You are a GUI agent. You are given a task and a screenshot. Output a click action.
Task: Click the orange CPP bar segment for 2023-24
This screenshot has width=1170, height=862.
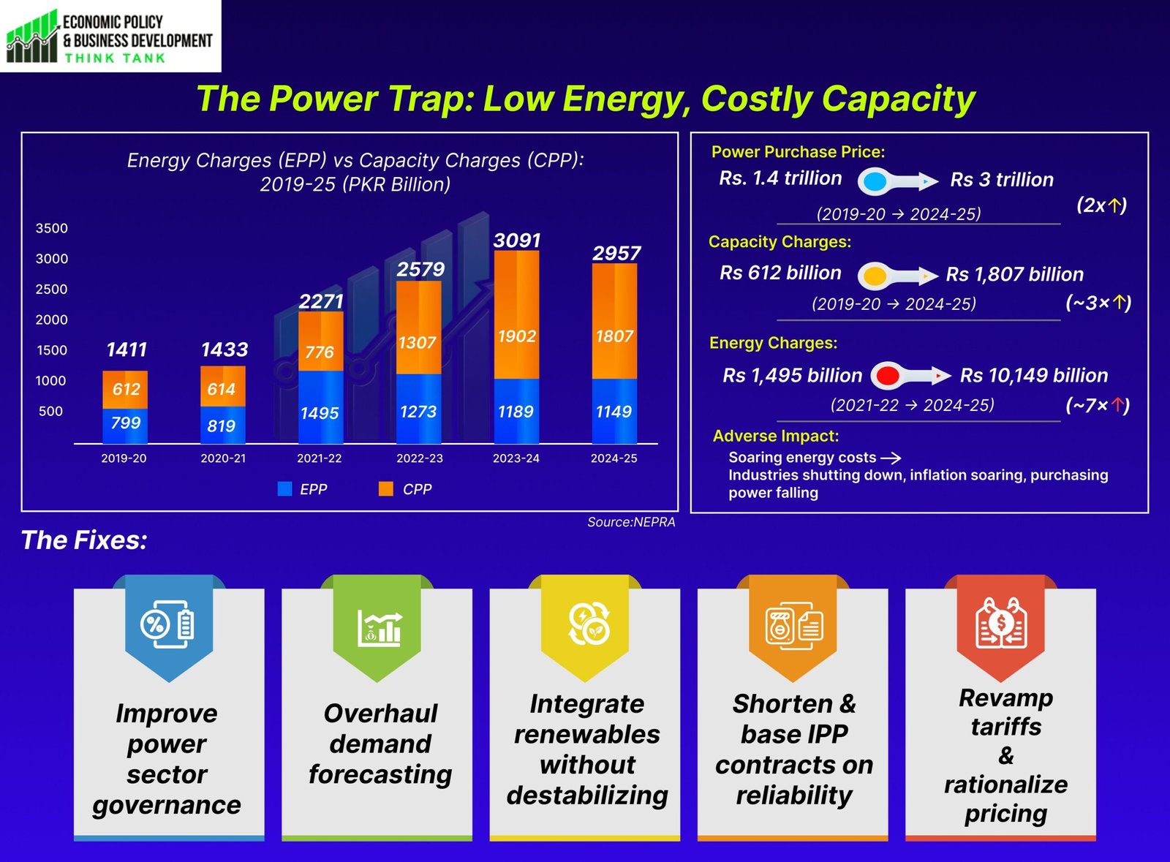coord(516,314)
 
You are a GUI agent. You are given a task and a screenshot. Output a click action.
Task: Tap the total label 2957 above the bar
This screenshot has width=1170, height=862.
coord(616,254)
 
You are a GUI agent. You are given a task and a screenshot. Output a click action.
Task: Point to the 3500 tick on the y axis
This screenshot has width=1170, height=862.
coord(51,228)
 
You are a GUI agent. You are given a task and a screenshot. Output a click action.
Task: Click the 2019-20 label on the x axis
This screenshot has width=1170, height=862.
coord(124,458)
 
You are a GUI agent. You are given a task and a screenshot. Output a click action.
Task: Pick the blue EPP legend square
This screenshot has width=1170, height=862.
coord(285,489)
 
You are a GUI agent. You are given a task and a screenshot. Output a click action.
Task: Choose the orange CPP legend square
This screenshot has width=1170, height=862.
coord(386,489)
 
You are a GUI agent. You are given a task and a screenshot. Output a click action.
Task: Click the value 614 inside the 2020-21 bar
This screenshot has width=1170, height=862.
coord(221,389)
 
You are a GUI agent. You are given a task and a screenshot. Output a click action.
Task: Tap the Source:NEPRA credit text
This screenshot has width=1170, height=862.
coord(631,522)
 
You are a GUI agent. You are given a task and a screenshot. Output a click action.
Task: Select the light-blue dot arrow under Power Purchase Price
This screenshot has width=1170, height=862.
coord(896,181)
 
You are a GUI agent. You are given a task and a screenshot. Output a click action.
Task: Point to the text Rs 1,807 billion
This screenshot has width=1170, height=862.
coord(1014,274)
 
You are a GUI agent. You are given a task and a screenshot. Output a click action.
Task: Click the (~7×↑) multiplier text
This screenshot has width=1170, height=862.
coord(1098,405)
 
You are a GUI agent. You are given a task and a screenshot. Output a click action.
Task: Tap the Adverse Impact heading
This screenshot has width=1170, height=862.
coord(776,436)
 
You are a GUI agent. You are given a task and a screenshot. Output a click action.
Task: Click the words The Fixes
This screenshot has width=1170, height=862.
coord(84,540)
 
